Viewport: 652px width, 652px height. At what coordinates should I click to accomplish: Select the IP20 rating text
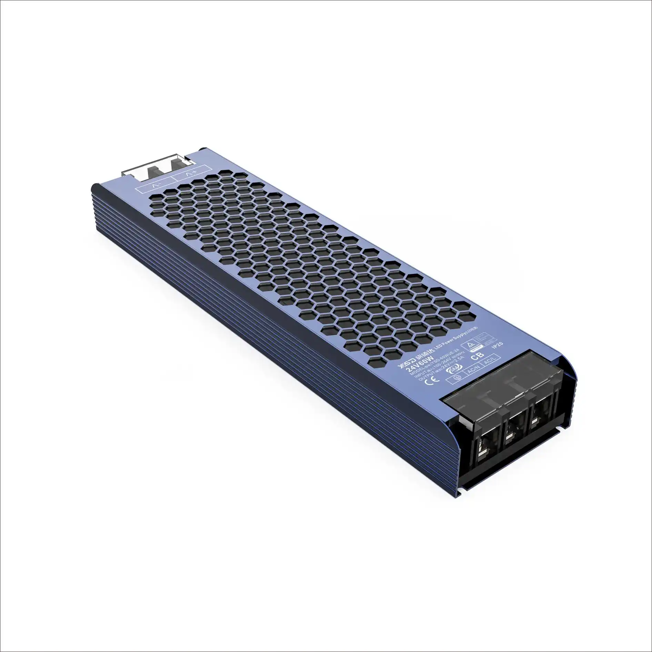[x=499, y=346]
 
